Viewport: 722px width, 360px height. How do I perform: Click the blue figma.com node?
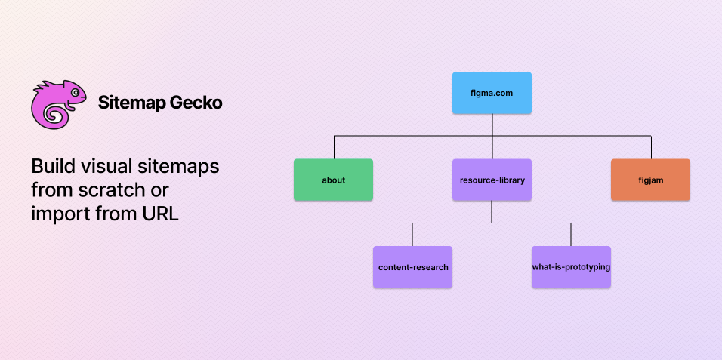point(492,93)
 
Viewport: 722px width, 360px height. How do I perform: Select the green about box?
point(333,180)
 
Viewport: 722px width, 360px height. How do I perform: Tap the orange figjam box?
point(650,180)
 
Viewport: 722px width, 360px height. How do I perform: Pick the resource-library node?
point(492,180)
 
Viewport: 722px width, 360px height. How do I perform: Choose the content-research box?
point(412,267)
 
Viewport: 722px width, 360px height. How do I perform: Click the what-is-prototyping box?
point(571,267)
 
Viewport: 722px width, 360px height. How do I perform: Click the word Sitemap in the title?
point(131,103)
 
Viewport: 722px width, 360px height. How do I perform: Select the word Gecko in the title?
point(196,103)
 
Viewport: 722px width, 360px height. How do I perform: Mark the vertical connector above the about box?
point(335,147)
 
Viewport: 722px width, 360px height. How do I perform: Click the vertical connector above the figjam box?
point(651,147)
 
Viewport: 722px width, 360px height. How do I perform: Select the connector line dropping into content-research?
point(412,234)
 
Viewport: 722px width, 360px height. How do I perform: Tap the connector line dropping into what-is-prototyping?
point(571,234)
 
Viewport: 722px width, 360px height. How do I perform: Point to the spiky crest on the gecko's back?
point(48,86)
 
